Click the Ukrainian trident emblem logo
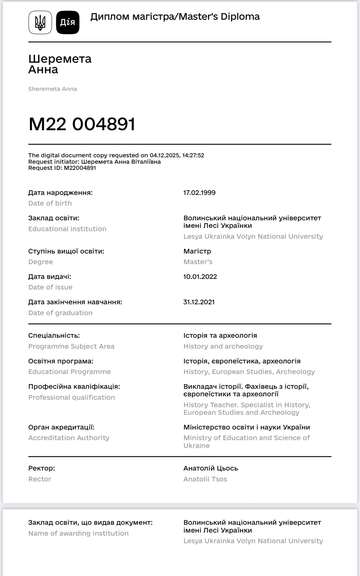(x=40, y=23)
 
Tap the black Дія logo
(x=68, y=23)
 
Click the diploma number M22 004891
(x=82, y=124)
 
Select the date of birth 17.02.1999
(x=199, y=193)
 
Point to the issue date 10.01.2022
(x=200, y=277)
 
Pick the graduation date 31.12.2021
(x=199, y=302)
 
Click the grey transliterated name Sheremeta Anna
(x=52, y=89)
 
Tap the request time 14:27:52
(x=193, y=155)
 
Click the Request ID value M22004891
(x=80, y=168)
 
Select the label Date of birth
(x=50, y=203)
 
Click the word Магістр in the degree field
(x=197, y=251)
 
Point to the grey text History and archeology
(x=223, y=346)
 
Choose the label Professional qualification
(x=71, y=397)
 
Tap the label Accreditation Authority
(x=69, y=438)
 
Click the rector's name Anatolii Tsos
(x=205, y=479)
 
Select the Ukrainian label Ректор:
(x=42, y=468)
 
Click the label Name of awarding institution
(x=78, y=533)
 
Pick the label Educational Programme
(x=69, y=372)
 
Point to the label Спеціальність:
(x=54, y=336)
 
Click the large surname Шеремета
(x=60, y=59)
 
